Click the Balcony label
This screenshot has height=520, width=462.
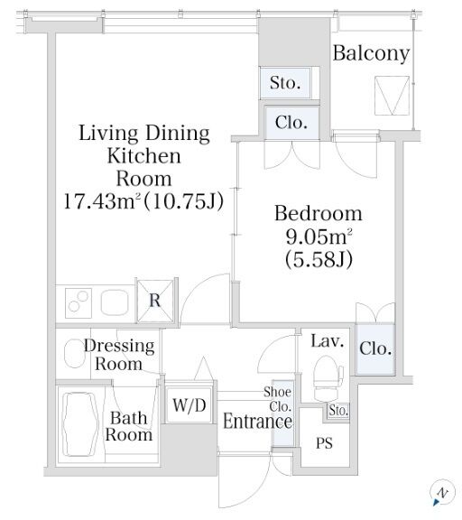[x=371, y=54]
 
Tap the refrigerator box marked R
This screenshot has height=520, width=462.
[x=155, y=301]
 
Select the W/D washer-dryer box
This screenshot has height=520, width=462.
[x=189, y=405]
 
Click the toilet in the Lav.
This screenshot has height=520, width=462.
[x=328, y=378]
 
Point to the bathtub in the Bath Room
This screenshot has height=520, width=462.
[x=81, y=425]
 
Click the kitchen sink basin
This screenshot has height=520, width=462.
[x=115, y=302]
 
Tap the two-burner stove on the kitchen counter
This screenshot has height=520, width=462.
[x=79, y=303]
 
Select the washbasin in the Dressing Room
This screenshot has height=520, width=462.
[x=74, y=353]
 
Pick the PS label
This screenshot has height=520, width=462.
[x=324, y=443]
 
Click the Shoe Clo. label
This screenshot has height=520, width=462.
[x=278, y=399]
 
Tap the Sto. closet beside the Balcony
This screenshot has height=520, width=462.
[x=285, y=83]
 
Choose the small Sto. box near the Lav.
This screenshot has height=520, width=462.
[x=338, y=411]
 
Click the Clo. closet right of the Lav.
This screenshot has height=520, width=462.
[x=375, y=348]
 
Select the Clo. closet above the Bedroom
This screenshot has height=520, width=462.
[x=291, y=123]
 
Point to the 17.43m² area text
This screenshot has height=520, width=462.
[x=143, y=201]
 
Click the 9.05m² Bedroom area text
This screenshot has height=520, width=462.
[x=319, y=237]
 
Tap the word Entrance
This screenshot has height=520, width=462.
[x=257, y=422]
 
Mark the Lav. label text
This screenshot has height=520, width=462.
[x=328, y=341]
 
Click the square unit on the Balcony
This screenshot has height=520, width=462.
[x=392, y=96]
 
